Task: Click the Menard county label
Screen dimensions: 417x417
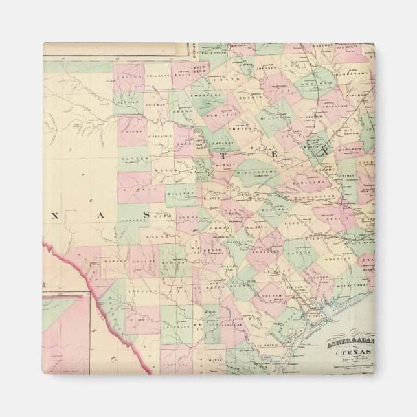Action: coord(133,157)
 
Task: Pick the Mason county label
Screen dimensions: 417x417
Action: coord(163,170)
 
